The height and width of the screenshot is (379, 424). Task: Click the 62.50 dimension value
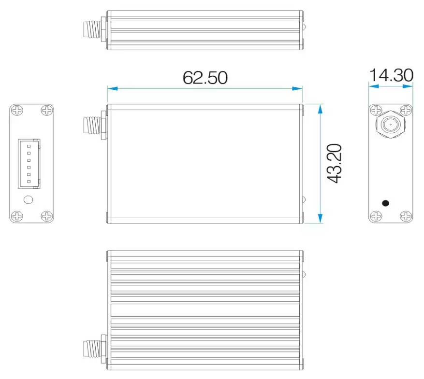point(205,77)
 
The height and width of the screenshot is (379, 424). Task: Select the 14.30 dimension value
point(391,76)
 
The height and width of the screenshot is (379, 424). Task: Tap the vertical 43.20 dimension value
point(334,163)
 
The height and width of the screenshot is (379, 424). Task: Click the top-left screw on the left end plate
point(17,111)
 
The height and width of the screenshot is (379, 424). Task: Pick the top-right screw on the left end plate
point(46,111)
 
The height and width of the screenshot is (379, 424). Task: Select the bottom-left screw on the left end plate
point(17,216)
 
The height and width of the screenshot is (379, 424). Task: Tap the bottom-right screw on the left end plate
point(46,216)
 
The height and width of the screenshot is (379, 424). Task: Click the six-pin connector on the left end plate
point(29,163)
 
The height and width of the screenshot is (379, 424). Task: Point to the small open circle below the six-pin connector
point(29,199)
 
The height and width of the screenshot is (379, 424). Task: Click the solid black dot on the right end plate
point(385,203)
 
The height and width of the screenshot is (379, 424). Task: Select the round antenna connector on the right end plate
point(390,125)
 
